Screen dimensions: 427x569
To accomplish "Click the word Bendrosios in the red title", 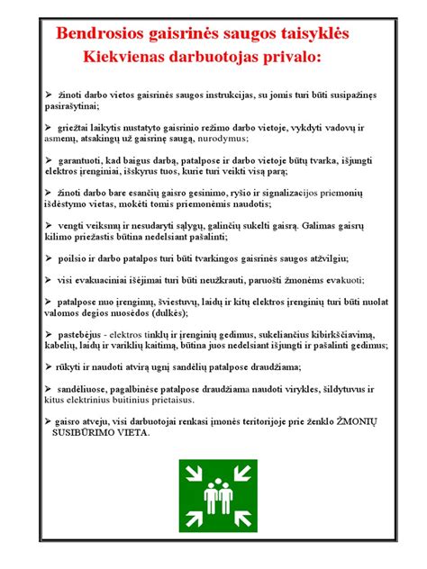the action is [x=98, y=34].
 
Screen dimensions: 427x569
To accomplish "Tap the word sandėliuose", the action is [x=86, y=387].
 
